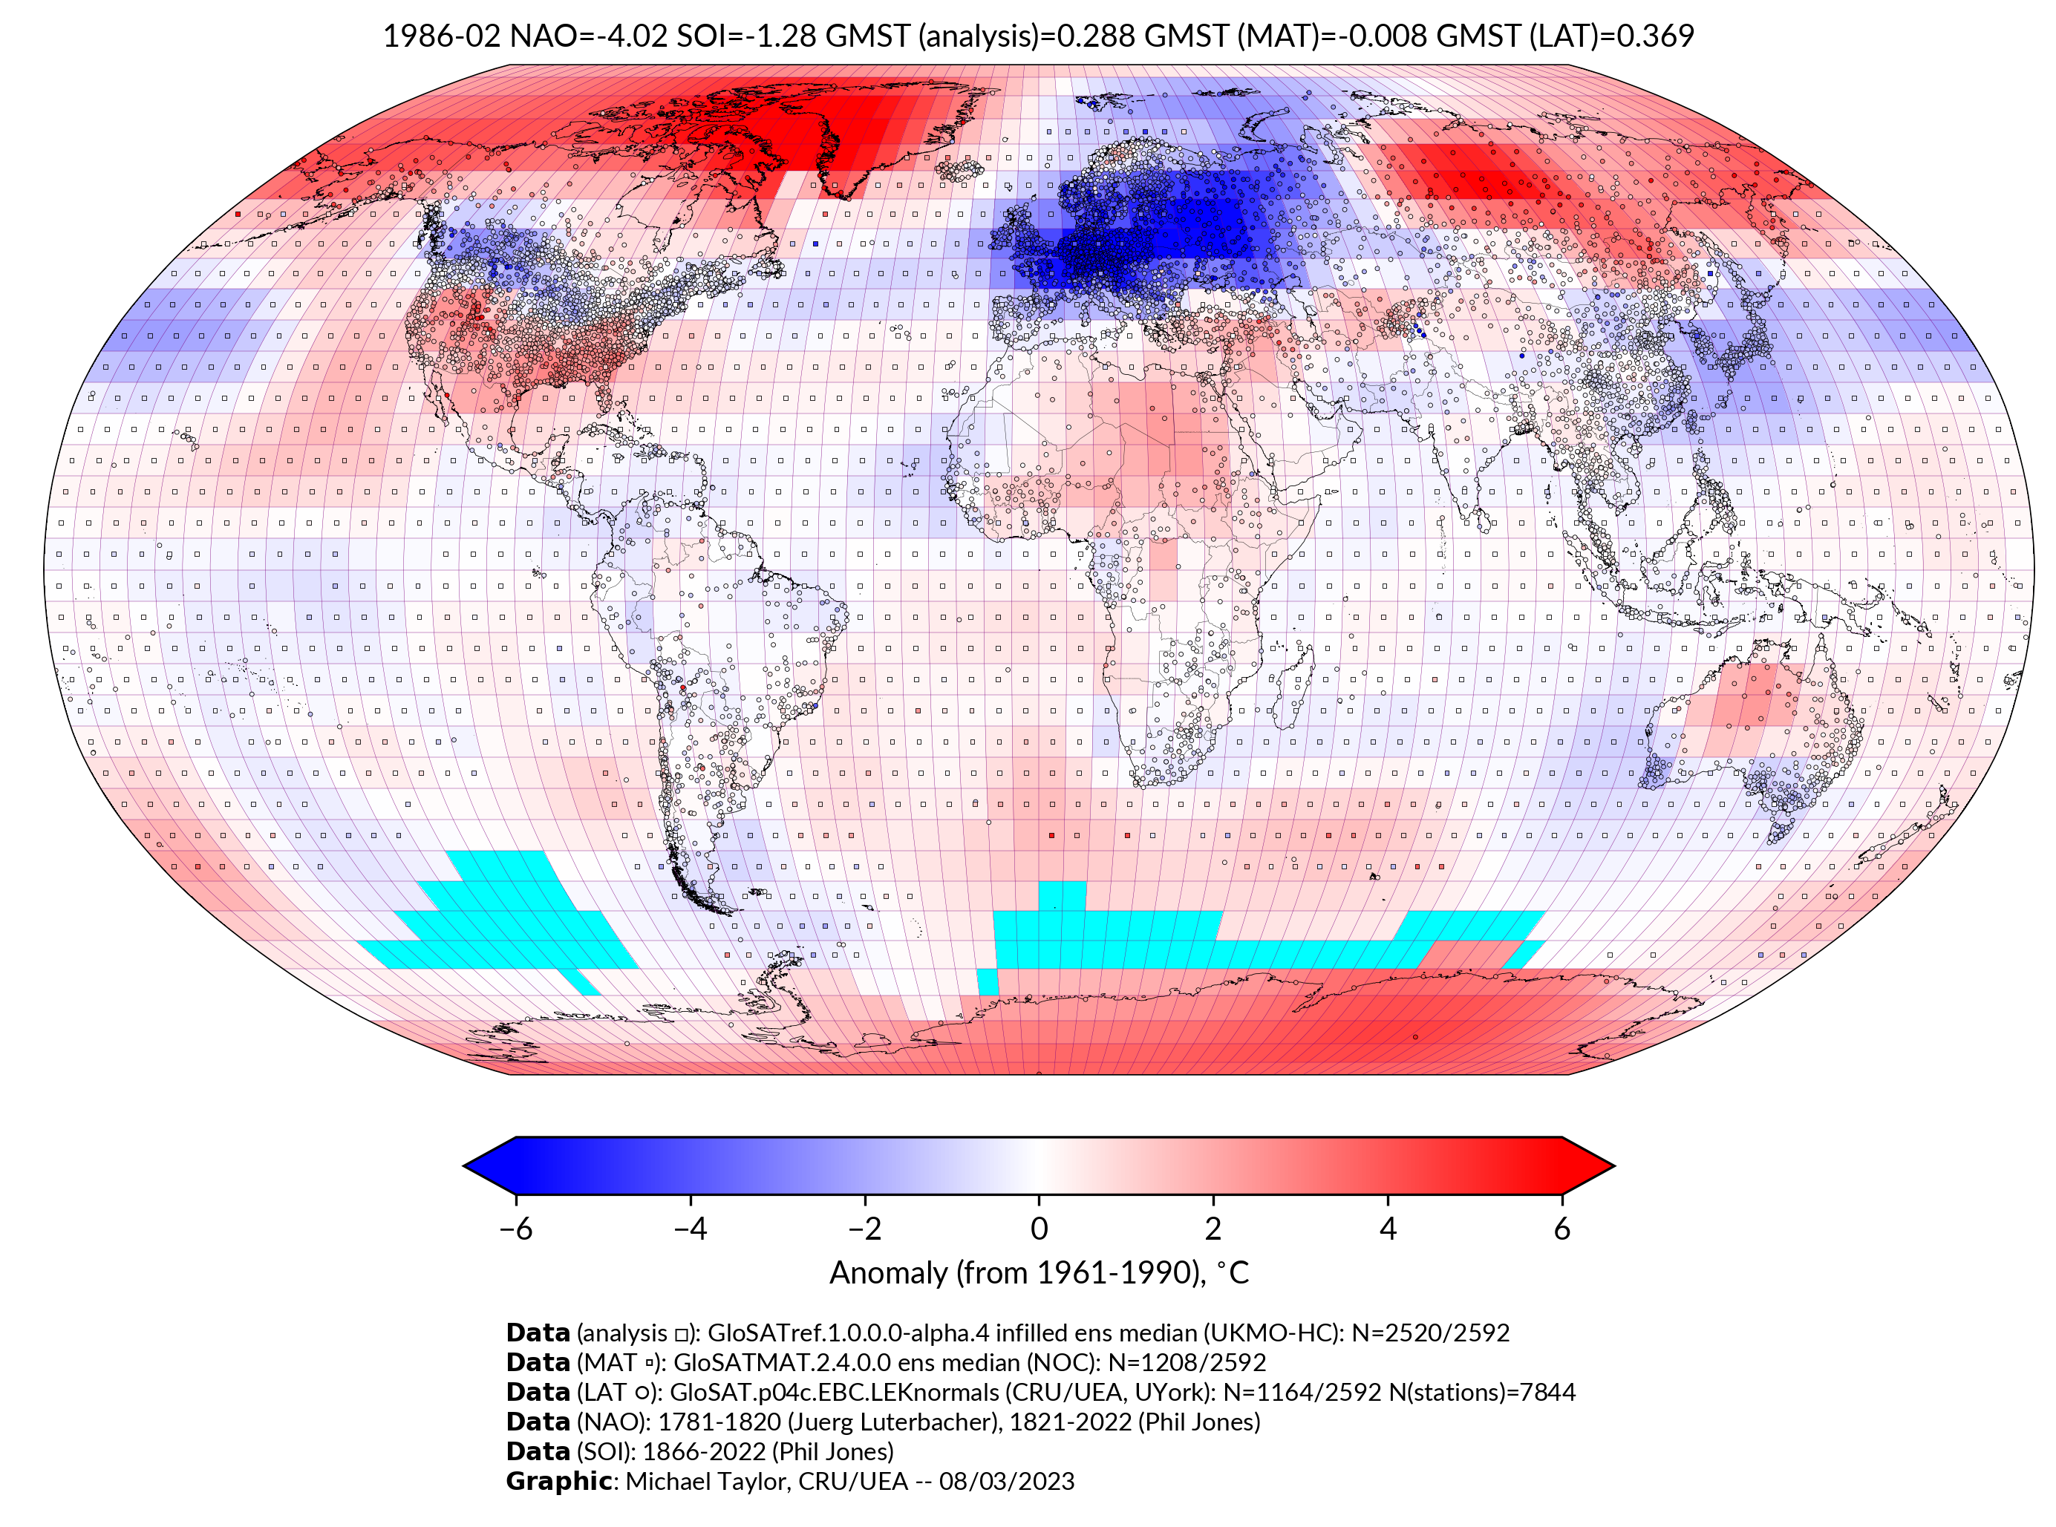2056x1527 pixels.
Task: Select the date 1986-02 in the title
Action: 441,36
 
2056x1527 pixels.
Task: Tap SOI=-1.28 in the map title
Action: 746,36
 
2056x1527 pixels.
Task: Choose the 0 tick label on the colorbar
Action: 1039,1229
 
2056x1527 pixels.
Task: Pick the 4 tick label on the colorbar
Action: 1388,1229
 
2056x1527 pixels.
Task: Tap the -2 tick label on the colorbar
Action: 864,1229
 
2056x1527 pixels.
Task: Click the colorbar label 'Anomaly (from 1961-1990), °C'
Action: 1039,1273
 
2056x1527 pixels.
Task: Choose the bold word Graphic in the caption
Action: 558,1481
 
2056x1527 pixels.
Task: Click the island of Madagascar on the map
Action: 1294,684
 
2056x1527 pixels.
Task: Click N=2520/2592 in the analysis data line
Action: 1430,1333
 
